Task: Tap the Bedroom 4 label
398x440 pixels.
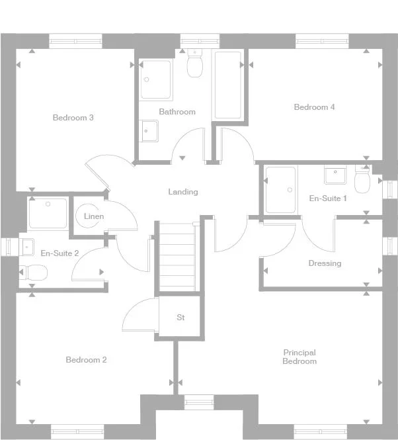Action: point(314,107)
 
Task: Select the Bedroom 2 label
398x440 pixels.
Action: point(86,360)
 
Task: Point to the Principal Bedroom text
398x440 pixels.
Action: point(299,357)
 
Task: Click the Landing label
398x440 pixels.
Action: point(182,192)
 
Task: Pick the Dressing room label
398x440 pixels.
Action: point(325,263)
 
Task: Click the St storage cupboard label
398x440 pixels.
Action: point(180,318)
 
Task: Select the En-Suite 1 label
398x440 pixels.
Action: point(328,198)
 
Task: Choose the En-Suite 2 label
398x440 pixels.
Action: point(60,253)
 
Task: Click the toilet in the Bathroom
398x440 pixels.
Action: point(195,64)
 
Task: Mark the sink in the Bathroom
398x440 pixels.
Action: point(149,131)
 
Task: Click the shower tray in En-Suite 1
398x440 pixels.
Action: point(280,190)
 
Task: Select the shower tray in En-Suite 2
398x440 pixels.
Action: point(48,214)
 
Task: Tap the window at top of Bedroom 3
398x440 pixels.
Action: point(76,42)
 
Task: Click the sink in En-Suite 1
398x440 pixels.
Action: point(335,175)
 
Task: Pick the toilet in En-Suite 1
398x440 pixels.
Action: point(363,179)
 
